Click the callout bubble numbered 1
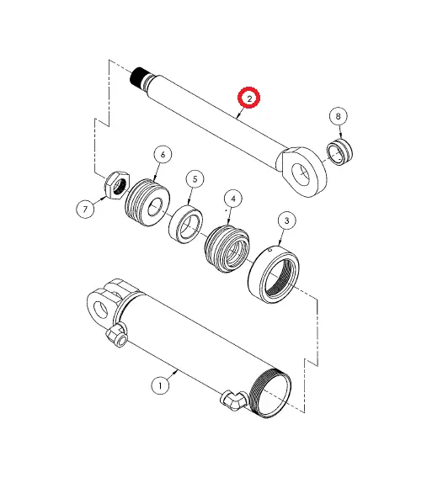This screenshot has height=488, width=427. point(159,385)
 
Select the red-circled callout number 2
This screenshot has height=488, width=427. point(250,98)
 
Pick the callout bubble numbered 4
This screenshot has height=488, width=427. point(232,199)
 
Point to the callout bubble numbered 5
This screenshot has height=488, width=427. point(195,178)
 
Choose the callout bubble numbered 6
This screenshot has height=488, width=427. point(162,154)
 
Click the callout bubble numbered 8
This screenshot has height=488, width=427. point(339,115)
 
